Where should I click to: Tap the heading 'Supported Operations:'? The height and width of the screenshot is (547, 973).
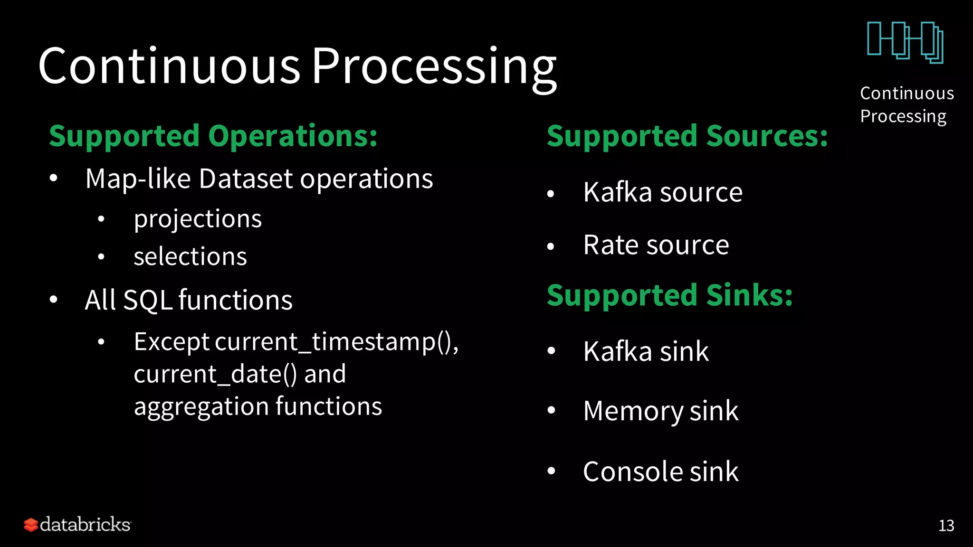tap(213, 136)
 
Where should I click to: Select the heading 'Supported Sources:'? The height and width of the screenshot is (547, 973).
tap(687, 136)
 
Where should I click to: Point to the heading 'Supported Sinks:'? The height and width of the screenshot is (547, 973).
tap(669, 295)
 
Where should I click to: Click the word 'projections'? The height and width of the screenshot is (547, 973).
tap(198, 219)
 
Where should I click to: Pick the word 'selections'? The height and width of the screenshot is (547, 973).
tap(190, 257)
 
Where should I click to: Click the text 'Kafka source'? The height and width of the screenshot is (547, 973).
tap(663, 192)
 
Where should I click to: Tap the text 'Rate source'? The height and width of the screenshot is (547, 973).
tap(656, 245)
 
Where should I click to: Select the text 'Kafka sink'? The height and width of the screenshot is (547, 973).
tap(646, 351)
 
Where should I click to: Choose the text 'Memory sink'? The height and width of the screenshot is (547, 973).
tap(660, 411)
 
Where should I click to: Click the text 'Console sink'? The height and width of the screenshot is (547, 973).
tap(660, 472)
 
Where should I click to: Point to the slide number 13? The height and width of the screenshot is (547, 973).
tap(946, 526)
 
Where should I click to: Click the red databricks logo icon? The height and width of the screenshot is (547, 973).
tap(31, 525)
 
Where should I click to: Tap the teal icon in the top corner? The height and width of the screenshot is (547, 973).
tap(905, 42)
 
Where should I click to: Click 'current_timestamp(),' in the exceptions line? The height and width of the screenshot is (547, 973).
tap(337, 342)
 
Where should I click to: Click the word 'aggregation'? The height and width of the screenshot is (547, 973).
tap(201, 407)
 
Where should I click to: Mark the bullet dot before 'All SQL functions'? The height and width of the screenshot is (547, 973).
tap(54, 300)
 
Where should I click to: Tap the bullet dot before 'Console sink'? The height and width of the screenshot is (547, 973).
tap(551, 471)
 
